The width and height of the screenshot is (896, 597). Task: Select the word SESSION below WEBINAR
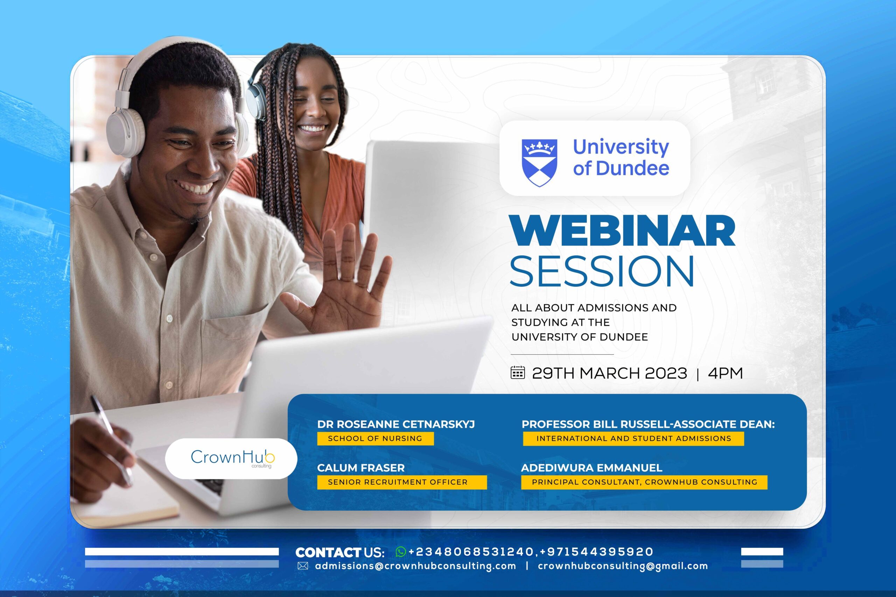pos(602,271)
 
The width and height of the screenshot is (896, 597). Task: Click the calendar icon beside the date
pos(518,372)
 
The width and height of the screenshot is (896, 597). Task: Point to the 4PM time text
pos(725,373)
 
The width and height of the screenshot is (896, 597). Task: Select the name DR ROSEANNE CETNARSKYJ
pos(396,424)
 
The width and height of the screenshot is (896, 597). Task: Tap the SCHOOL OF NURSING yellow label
pos(375,438)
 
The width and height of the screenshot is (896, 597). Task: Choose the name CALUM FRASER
pos(361,468)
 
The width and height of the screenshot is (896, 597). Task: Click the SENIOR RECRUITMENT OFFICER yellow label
pos(402,482)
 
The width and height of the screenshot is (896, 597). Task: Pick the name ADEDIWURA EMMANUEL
pos(591,468)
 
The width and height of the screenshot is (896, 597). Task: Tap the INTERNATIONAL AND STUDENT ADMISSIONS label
pos(633,438)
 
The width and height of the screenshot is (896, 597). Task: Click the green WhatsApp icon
pos(401,551)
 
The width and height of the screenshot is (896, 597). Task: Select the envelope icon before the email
pos(302,566)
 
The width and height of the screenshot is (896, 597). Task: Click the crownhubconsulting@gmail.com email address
pos(623,566)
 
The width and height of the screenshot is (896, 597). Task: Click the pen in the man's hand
pos(111,438)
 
